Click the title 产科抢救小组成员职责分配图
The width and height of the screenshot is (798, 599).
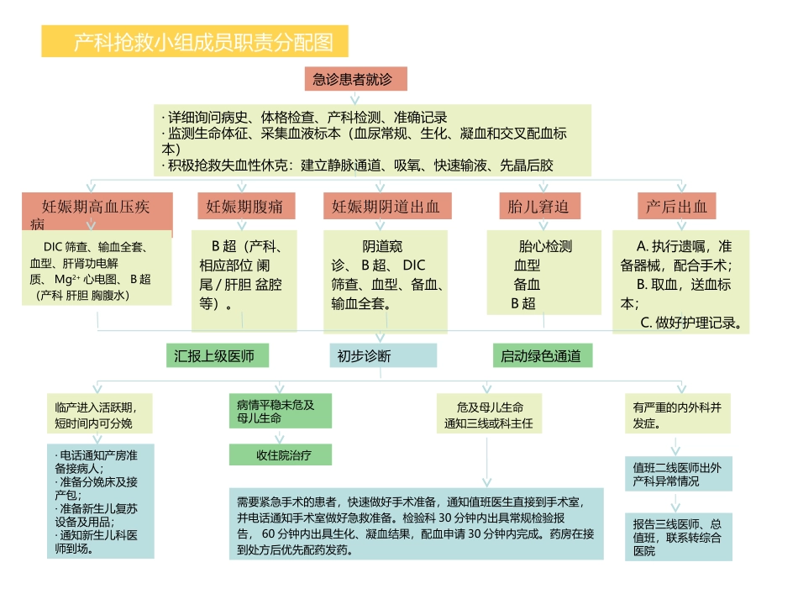[x=195, y=40]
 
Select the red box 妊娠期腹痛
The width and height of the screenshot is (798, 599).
[x=244, y=207]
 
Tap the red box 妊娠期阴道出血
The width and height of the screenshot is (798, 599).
[x=386, y=207]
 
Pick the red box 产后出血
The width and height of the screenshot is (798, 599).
[x=676, y=207]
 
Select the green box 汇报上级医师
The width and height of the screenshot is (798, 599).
[x=216, y=355]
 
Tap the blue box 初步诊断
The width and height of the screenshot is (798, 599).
[x=382, y=355]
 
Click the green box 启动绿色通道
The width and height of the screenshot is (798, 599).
[x=542, y=355]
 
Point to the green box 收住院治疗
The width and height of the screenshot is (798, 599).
[x=280, y=455]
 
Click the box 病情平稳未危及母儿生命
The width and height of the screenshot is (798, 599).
[x=280, y=411]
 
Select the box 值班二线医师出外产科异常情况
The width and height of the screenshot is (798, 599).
[x=678, y=474]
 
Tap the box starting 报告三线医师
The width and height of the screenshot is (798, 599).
[x=678, y=537]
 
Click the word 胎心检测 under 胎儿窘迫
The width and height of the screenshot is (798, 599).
[x=545, y=247]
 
